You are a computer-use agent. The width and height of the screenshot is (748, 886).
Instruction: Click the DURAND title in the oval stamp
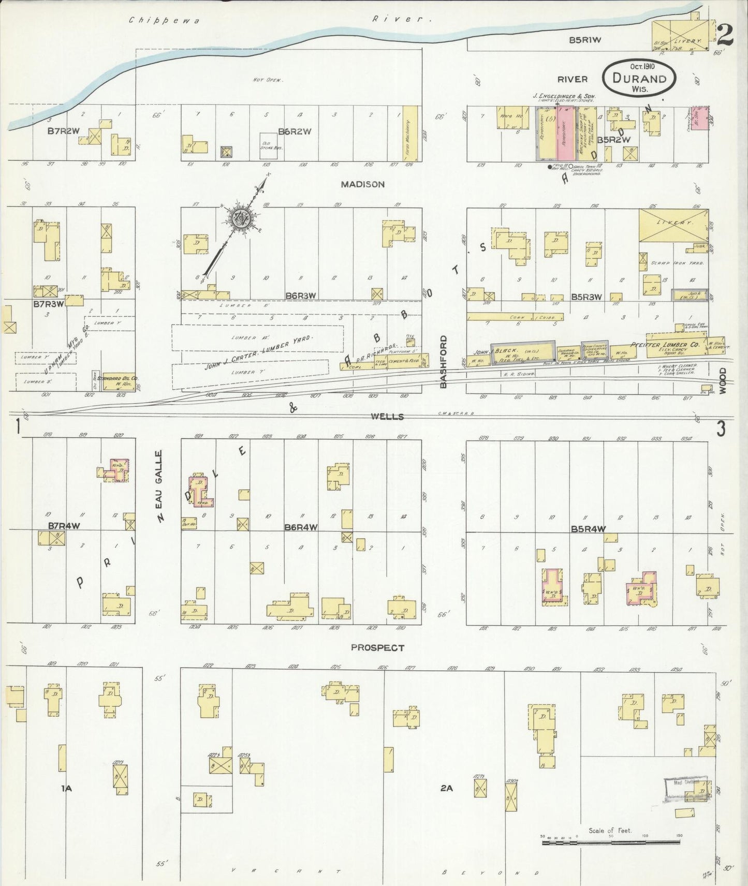[x=639, y=79]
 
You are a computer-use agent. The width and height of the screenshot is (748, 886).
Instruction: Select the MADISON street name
[x=363, y=184]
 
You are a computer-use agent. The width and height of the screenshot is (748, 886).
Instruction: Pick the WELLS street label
[x=387, y=417]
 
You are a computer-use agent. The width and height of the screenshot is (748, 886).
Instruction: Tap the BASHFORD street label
[x=443, y=361]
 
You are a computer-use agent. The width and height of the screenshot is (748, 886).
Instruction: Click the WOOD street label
[x=723, y=381]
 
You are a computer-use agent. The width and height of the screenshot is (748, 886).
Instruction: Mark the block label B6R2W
[x=295, y=131]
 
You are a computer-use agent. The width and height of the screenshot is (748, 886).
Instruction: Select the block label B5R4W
[x=588, y=529]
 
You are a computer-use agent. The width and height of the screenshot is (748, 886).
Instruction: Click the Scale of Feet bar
[x=611, y=843]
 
